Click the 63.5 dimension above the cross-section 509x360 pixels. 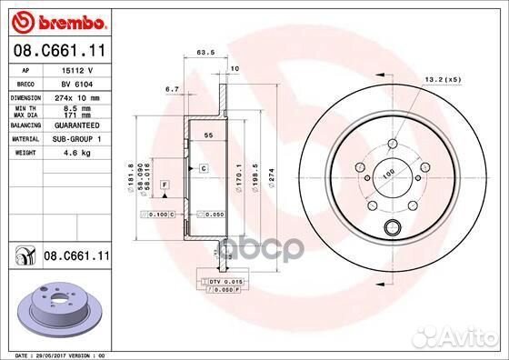pos(205,53)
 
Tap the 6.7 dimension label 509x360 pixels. pos(171,89)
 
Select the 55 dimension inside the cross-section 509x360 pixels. pos(208,134)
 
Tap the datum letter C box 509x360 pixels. pos(204,168)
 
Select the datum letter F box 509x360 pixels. pos(165,185)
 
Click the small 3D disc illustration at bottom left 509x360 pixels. pos(60,305)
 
